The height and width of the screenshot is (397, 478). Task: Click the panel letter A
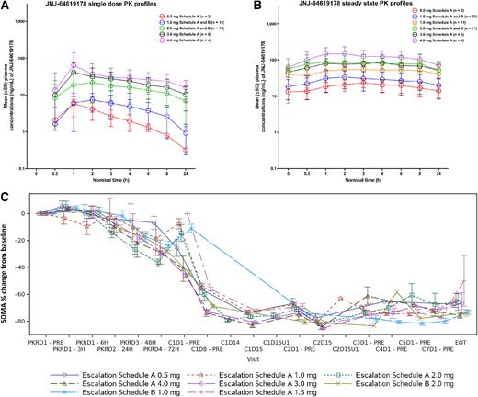[x=6, y=6]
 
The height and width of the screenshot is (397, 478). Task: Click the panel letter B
[x=248, y=6]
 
